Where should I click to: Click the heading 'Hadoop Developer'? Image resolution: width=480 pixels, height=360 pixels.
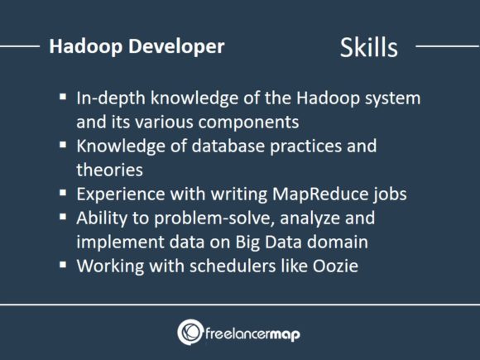click(137, 46)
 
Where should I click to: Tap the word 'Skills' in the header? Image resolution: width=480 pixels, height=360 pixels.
click(368, 47)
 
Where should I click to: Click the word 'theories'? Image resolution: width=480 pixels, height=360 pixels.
click(109, 170)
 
